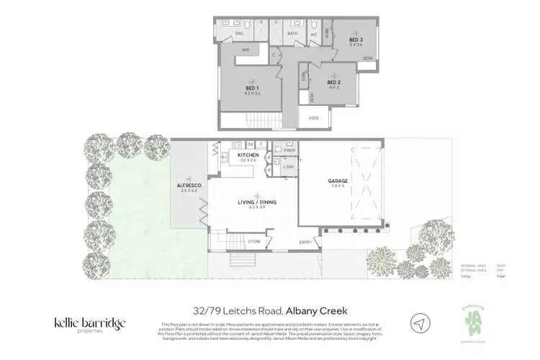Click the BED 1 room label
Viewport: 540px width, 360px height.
(x=252, y=88)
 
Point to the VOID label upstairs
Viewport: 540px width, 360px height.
(x=313, y=117)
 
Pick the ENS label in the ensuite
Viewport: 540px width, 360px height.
(x=240, y=33)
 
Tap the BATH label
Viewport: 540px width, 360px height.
(x=292, y=33)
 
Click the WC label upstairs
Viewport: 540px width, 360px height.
(x=314, y=33)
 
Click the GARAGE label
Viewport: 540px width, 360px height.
(x=338, y=181)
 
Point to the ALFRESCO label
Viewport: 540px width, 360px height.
(x=188, y=186)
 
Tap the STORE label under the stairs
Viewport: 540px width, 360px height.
(x=254, y=241)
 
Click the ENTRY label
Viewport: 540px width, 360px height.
(x=306, y=241)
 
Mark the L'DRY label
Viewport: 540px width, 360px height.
(x=289, y=166)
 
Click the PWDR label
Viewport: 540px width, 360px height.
(x=289, y=151)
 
